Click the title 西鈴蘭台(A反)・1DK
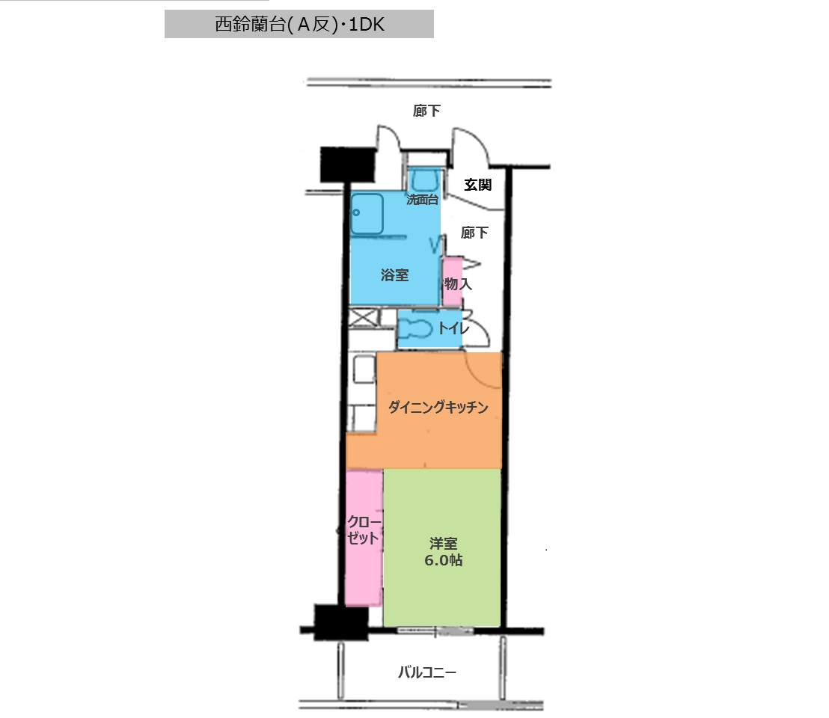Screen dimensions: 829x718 tap(299, 24)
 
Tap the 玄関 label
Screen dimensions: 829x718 tap(478, 185)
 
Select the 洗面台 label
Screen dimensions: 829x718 tap(422, 200)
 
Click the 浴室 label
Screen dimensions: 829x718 tap(394, 274)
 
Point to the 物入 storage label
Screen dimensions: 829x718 tap(458, 283)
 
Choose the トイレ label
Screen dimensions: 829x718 tap(453, 328)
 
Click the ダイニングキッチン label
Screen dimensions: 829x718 tap(438, 407)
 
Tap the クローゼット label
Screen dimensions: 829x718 tap(364, 530)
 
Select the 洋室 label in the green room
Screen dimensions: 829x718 tap(443, 543)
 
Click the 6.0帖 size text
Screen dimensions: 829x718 tap(443, 560)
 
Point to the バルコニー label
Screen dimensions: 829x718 tap(426, 672)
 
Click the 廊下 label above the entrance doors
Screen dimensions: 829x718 tap(426, 111)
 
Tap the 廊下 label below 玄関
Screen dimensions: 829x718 tap(474, 233)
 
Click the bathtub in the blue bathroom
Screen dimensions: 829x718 tap(367, 214)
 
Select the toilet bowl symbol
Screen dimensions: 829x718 tap(415, 328)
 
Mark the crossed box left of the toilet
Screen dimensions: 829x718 tap(363, 318)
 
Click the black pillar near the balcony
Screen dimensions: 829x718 tap(341, 622)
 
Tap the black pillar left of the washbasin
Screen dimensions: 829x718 tap(348, 165)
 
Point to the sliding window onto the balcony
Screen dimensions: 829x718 tap(435, 630)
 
